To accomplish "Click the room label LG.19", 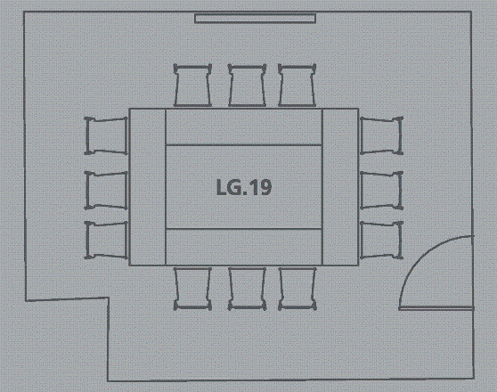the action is coord(244,187).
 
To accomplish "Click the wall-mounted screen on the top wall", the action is coord(255,19).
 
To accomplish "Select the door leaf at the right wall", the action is coord(436,308).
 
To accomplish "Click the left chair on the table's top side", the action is coord(192,85).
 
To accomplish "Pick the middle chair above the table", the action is coord(247,85).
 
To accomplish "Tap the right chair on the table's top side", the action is coord(297,85).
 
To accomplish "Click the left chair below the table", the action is coord(192,289).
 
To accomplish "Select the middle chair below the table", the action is coord(247,289).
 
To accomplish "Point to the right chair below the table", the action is coord(297,289).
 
